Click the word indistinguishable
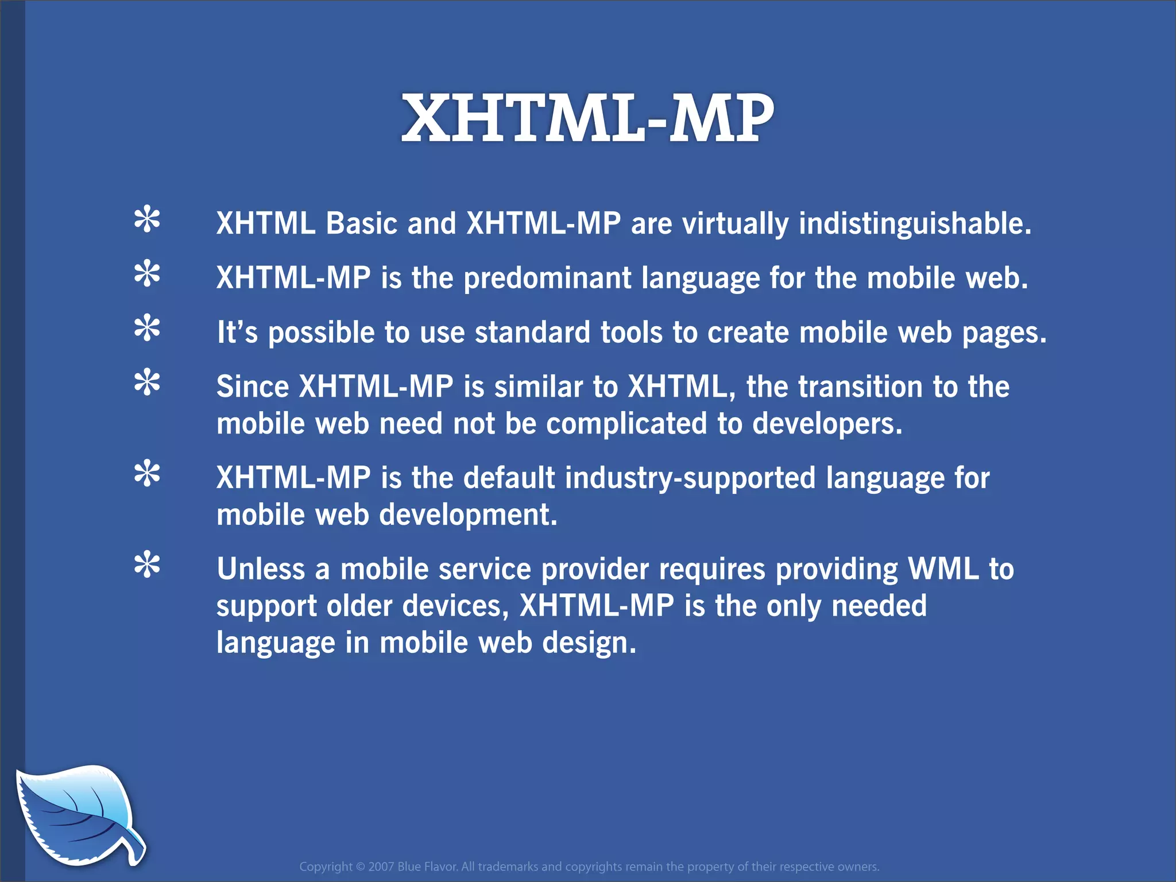click(915, 223)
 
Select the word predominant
click(547, 278)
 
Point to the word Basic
click(362, 223)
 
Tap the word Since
click(253, 386)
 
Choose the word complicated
click(626, 424)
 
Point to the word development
click(468, 515)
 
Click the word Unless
click(261, 569)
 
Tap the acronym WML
click(943, 569)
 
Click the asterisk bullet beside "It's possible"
click(147, 328)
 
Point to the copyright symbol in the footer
click(360, 866)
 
